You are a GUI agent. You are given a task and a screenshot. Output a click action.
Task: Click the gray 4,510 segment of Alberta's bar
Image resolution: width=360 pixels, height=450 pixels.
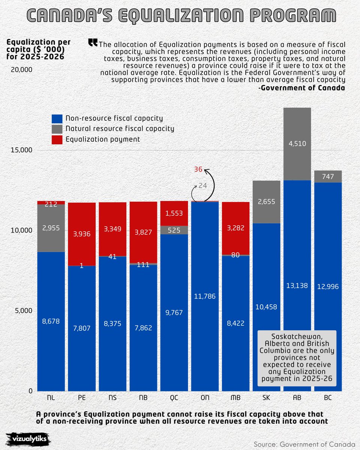click(297, 144)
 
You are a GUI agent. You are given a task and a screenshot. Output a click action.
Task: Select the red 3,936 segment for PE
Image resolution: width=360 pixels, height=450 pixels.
click(82, 234)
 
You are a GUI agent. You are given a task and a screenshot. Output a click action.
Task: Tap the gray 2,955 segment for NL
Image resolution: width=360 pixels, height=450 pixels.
click(51, 228)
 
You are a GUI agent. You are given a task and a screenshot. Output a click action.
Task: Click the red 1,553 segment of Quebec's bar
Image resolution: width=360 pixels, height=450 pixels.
click(174, 213)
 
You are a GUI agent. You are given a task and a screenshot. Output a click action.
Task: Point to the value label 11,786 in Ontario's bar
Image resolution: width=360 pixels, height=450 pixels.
click(205, 296)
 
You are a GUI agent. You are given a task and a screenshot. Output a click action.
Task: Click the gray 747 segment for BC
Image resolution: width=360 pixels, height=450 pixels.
click(328, 177)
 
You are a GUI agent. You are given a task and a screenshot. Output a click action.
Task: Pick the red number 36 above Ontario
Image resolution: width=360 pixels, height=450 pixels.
click(198, 169)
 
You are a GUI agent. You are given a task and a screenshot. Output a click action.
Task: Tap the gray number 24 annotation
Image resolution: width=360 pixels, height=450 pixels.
click(202, 186)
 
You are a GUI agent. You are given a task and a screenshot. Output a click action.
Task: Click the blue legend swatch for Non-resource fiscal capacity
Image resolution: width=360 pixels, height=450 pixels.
click(57, 118)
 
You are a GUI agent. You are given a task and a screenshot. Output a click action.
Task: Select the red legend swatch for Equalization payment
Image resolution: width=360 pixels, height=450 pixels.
click(57, 139)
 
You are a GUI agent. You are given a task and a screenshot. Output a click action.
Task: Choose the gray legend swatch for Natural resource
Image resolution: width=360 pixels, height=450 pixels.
click(57, 129)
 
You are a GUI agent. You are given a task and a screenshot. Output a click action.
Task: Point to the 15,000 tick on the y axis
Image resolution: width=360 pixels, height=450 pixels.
click(21, 150)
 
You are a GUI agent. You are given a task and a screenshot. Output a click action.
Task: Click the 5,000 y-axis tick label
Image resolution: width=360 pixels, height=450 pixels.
click(24, 310)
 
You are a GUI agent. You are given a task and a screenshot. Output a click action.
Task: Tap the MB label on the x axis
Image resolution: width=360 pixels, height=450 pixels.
click(235, 397)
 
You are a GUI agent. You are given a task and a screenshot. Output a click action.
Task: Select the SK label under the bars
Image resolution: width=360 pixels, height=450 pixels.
click(266, 397)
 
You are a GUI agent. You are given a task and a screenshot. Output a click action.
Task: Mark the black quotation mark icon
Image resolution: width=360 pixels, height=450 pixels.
click(93, 42)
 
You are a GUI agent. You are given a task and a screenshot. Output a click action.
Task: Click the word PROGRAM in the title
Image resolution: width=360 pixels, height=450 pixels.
click(292, 15)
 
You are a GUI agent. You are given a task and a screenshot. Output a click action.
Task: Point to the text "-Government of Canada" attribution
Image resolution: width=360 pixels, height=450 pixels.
click(301, 88)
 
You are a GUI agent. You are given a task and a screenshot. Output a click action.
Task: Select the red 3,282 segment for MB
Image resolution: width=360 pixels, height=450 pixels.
click(235, 228)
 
